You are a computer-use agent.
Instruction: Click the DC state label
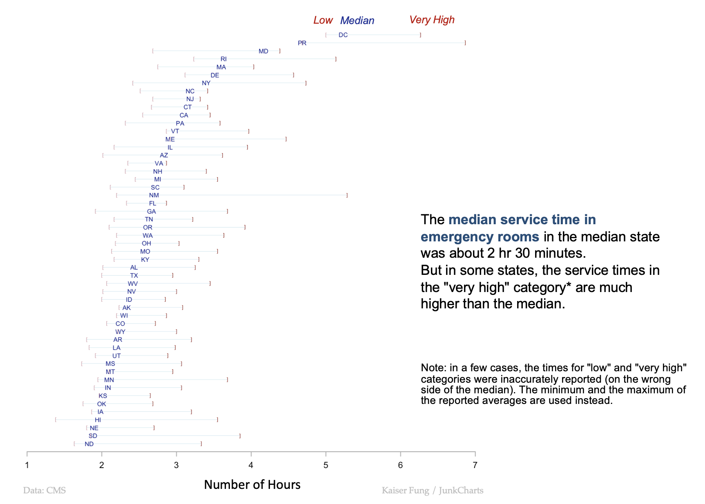[x=343, y=35]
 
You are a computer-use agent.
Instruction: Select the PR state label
[x=302, y=43]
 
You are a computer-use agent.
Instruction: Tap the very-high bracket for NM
[x=347, y=195]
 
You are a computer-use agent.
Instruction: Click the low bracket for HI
[x=56, y=420]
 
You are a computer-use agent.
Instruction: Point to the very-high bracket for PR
[x=465, y=43]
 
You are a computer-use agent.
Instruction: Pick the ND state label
[x=89, y=444]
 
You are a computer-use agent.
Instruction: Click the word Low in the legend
[x=323, y=20]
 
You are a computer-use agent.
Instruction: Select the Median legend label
[x=357, y=21]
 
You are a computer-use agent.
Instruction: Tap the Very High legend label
[x=432, y=20]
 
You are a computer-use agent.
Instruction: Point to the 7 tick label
[x=475, y=465]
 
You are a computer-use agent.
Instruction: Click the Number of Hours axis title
[x=252, y=484]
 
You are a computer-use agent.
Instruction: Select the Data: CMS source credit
[x=45, y=490]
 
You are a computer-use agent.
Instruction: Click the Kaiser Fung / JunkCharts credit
[x=432, y=490]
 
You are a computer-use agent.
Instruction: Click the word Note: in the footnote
[x=433, y=368]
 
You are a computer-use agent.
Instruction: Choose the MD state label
[x=263, y=51]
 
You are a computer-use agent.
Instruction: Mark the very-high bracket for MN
[x=227, y=380]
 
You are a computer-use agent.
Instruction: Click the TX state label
[x=134, y=276]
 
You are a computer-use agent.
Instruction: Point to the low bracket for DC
[x=326, y=35]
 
